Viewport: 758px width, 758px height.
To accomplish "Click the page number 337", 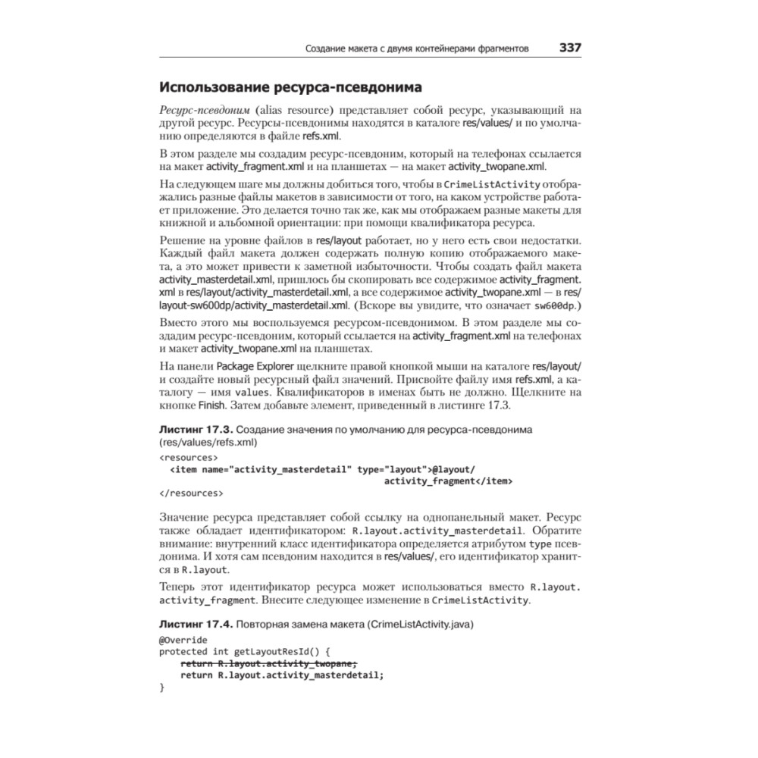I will click(570, 47).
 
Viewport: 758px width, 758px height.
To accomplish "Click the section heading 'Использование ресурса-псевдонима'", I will click(290, 86).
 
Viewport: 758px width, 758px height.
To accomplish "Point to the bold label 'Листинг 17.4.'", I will click(195, 625).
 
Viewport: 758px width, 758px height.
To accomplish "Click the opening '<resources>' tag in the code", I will click(189, 458).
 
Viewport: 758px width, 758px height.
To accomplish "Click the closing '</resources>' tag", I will click(191, 493).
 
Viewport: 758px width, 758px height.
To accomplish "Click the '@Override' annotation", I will click(183, 640).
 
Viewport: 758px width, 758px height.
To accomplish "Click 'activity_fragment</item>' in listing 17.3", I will click(448, 481).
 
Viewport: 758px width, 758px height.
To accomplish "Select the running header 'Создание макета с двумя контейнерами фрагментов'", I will click(416, 48).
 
